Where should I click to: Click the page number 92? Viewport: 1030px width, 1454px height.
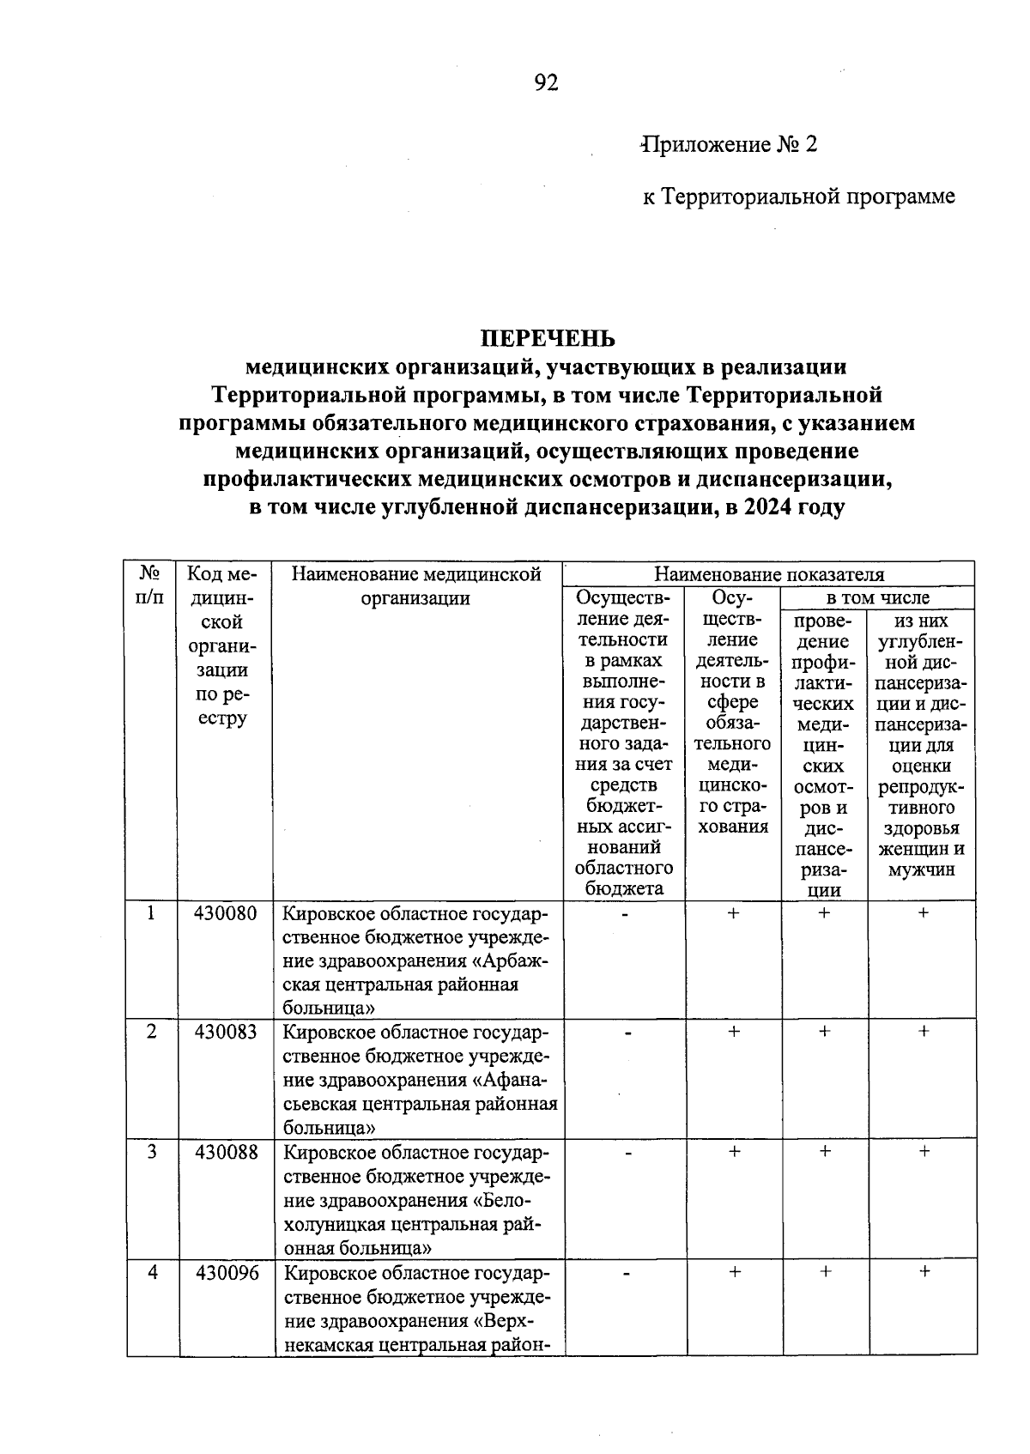click(x=546, y=82)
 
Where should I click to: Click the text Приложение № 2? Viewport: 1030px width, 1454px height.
click(x=730, y=144)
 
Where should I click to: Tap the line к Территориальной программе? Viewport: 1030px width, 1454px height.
click(x=798, y=197)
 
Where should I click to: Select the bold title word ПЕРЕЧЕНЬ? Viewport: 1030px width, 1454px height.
click(x=547, y=338)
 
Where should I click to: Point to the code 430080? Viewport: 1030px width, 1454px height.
click(x=226, y=913)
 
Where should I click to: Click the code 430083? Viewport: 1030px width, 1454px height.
click(x=226, y=1033)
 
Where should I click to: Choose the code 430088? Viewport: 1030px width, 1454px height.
click(x=226, y=1153)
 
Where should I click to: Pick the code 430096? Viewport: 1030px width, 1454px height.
click(x=226, y=1273)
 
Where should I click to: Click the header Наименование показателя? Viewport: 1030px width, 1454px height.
click(x=769, y=574)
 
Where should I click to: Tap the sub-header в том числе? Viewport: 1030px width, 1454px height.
click(x=877, y=597)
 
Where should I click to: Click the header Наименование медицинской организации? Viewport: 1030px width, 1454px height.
click(x=416, y=585)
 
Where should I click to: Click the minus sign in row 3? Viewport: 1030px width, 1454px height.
click(x=627, y=1154)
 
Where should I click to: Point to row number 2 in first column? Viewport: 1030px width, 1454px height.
click(x=152, y=1033)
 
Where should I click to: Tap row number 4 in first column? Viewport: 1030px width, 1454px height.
click(x=152, y=1273)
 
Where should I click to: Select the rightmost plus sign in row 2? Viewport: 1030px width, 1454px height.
click(x=924, y=1033)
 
